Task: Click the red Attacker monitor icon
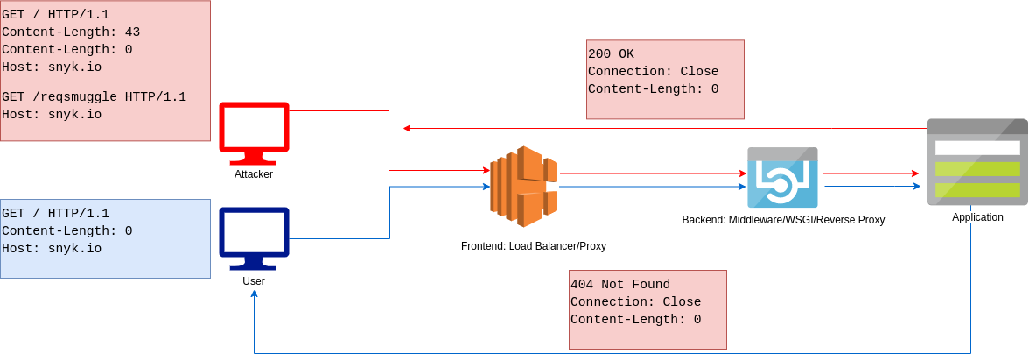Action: pos(254,132)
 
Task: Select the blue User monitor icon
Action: pos(254,237)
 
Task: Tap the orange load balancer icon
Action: pos(523,186)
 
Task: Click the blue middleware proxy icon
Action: pos(782,177)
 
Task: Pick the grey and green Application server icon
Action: pos(977,162)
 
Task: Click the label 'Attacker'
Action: pos(254,174)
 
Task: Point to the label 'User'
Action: pos(254,281)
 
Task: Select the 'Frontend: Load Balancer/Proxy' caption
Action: pos(534,246)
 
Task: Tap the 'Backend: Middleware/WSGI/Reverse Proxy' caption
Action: pos(783,220)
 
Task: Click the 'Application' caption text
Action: pos(977,217)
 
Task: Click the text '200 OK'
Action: pos(611,54)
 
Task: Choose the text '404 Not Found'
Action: pos(620,285)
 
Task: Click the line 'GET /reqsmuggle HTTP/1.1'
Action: pos(94,97)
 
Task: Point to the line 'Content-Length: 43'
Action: pos(71,32)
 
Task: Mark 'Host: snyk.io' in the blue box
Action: pos(52,249)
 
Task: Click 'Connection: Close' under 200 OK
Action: pos(653,72)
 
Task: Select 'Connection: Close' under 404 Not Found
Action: pos(635,302)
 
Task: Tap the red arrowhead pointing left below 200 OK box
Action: pos(407,129)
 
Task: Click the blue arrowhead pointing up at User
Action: pos(254,294)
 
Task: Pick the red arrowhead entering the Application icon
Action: pos(915,173)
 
